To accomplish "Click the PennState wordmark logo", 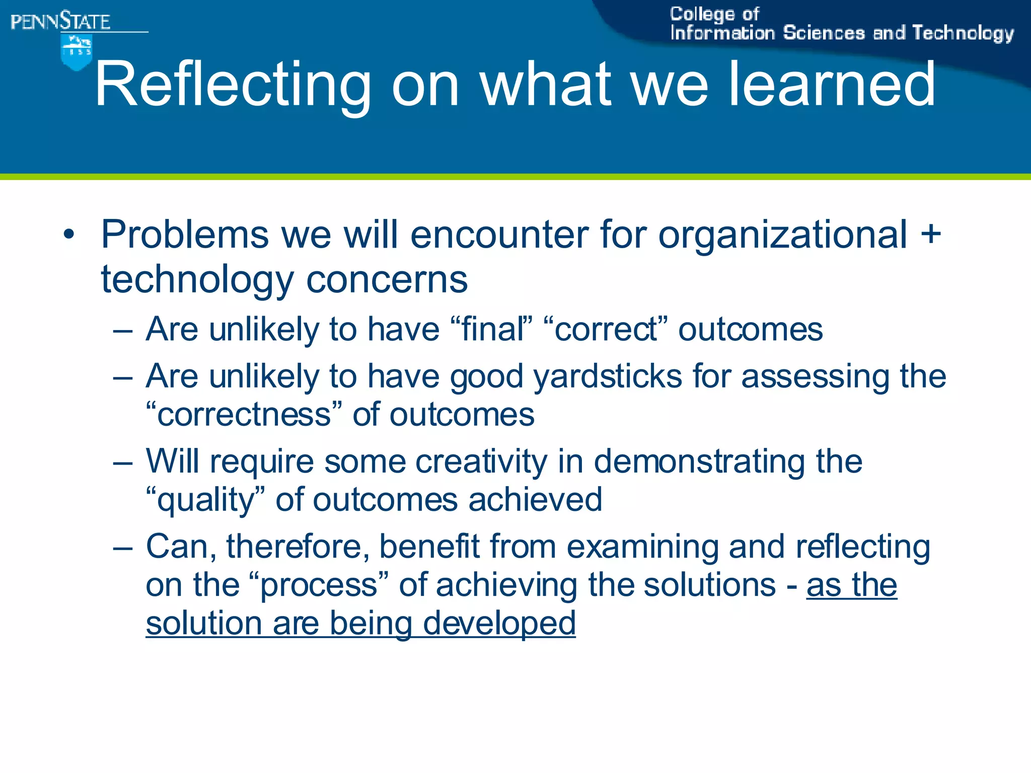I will [60, 22].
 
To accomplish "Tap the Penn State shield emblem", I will [76, 52].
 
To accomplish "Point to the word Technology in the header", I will [963, 33].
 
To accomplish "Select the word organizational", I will [783, 235].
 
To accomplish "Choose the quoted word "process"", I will [319, 585].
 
